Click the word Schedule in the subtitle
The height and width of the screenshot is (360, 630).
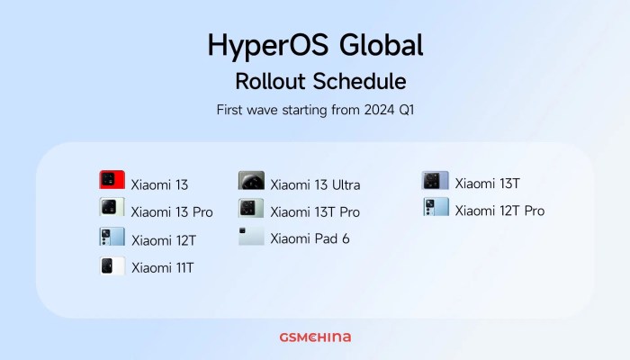pos(359,81)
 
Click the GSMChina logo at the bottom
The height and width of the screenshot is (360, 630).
pos(315,337)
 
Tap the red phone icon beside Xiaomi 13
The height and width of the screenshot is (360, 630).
pos(112,180)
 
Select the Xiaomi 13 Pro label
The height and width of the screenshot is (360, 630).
pos(172,212)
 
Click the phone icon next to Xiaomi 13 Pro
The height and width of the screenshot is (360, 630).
pos(112,208)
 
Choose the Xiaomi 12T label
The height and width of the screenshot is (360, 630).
pos(163,240)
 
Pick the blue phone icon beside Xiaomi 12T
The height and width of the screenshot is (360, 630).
pos(112,237)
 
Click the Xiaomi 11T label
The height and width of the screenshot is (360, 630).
pos(162,267)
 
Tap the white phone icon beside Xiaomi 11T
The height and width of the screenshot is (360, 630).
pos(112,265)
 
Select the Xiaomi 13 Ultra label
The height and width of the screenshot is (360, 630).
pos(315,185)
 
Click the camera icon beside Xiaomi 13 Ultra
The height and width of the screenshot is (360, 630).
pos(251,181)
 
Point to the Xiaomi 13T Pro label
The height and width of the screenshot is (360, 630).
pos(315,212)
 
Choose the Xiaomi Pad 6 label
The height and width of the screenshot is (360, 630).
pos(310,239)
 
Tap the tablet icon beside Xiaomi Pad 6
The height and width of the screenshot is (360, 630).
pos(251,237)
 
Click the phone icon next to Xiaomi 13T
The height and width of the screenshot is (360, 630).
pos(436,180)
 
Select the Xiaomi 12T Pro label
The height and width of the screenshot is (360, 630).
pos(499,211)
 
